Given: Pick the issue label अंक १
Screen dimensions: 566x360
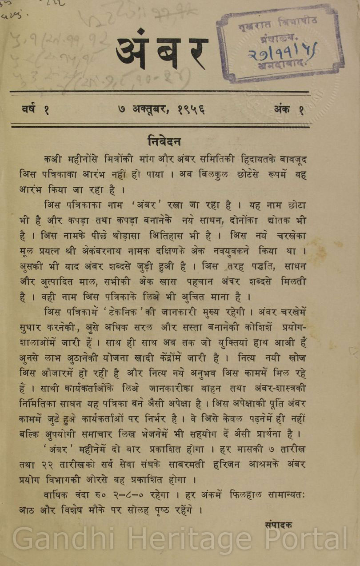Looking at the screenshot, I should point(289,109).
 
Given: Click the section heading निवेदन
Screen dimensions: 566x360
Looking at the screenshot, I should point(164,141).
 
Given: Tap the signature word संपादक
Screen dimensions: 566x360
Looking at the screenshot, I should point(278,525).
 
